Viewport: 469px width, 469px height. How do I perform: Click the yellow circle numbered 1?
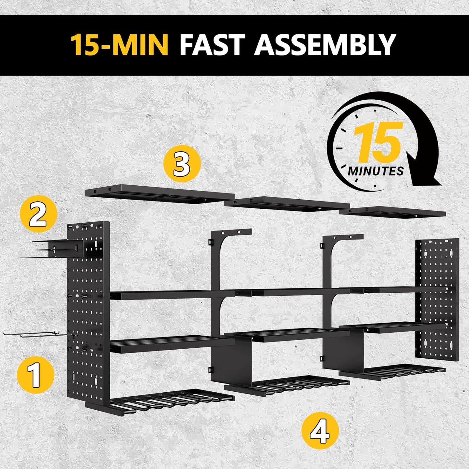tap(35, 375)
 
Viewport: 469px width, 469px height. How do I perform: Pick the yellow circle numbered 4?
tap(320, 430)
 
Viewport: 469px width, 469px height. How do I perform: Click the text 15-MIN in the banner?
tap(120, 44)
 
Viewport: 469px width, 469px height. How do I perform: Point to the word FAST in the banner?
tap(211, 44)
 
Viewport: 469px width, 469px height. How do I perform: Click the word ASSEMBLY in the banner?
tap(325, 44)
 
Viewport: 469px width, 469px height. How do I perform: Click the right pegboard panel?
tap(438, 299)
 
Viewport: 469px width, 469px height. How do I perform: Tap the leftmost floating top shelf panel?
tap(159, 194)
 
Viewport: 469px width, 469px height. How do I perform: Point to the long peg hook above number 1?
tap(36, 334)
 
